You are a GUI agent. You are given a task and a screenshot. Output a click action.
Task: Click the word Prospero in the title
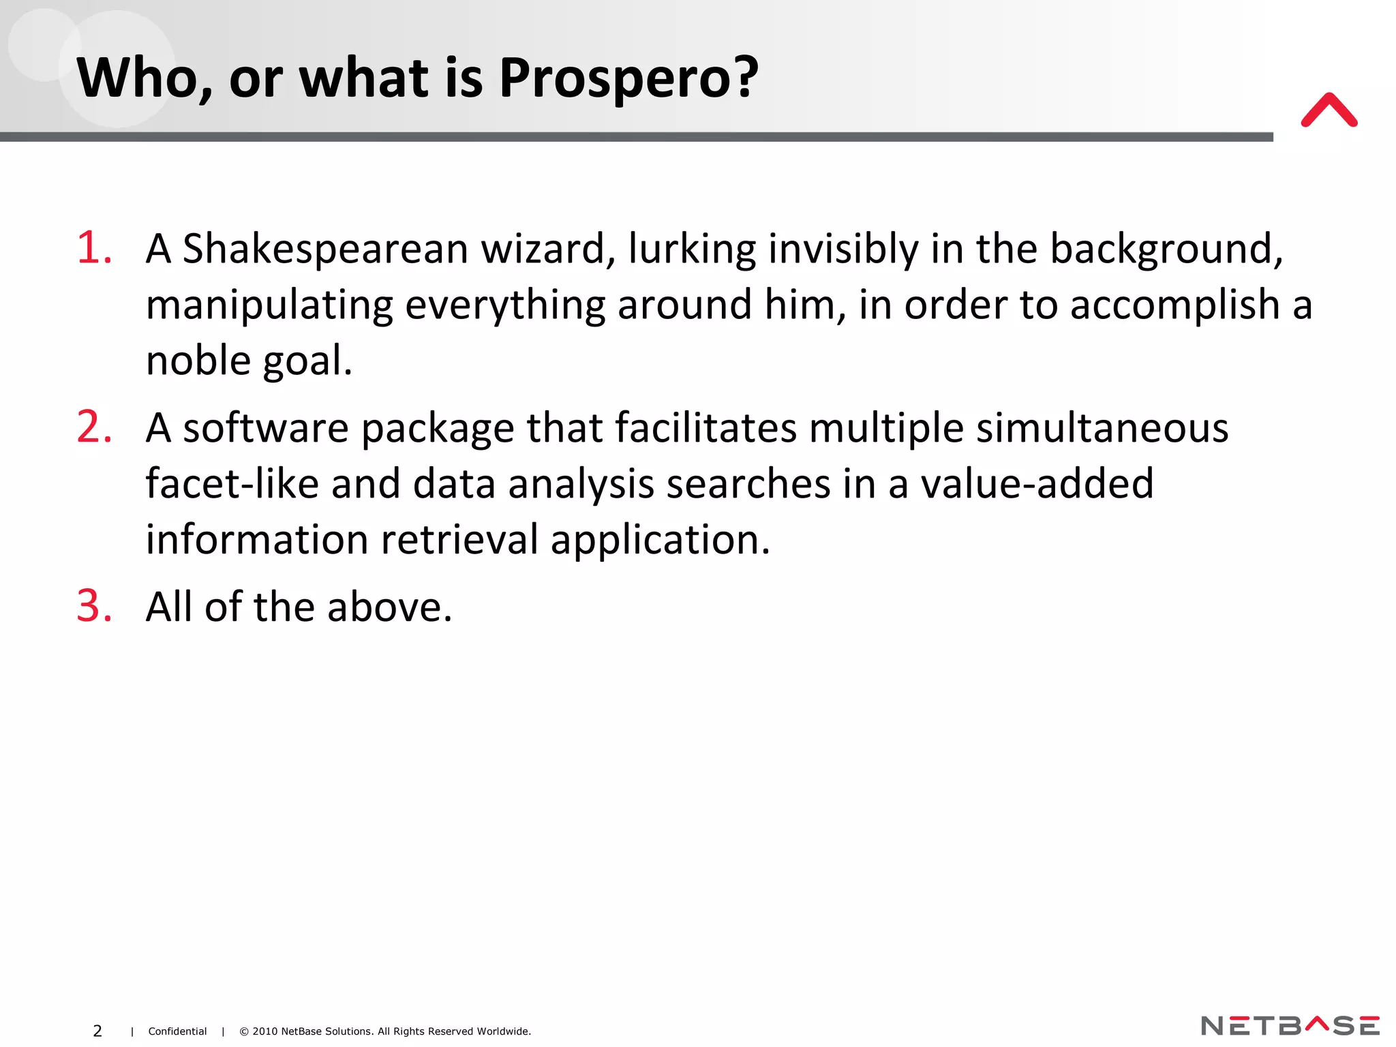[627, 78]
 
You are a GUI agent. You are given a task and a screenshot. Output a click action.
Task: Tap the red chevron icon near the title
[1329, 110]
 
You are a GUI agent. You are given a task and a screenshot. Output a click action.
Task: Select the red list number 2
[93, 427]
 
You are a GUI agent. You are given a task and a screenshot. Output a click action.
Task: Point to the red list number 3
[93, 606]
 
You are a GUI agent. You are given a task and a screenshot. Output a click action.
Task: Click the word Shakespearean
[325, 249]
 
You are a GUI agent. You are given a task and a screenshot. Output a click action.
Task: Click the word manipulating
[269, 305]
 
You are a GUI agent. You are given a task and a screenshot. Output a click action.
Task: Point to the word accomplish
[1174, 305]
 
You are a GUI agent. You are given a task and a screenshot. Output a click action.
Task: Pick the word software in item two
[266, 429]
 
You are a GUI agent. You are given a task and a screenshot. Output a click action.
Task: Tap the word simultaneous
[1102, 429]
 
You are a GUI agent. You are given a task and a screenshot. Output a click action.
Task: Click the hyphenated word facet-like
[232, 484]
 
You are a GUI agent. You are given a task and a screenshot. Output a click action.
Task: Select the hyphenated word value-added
[1037, 484]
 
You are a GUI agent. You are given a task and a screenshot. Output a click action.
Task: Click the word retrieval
[459, 540]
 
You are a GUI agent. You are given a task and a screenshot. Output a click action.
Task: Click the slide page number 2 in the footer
[97, 1031]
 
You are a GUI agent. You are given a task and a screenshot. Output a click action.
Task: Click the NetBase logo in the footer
[1290, 1026]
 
